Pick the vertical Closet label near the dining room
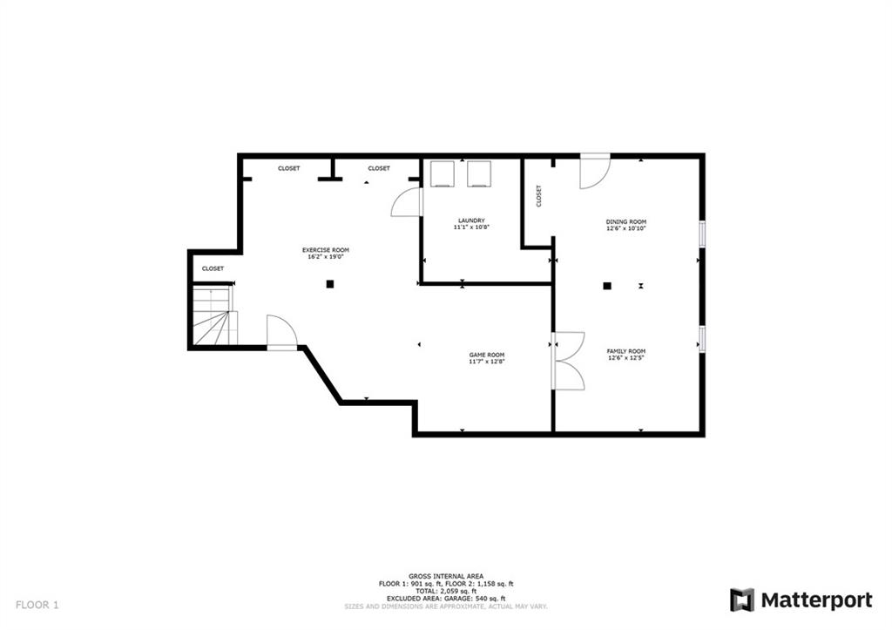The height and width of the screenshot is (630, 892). (538, 196)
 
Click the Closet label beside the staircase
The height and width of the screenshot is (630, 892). (213, 268)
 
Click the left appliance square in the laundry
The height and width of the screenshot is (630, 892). (442, 173)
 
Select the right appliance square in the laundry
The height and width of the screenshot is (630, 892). (479, 173)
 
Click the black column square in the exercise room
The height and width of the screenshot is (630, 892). (330, 284)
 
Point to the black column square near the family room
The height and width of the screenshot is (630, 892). (607, 286)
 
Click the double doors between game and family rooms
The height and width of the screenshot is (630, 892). (568, 361)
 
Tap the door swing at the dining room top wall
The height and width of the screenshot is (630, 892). (595, 172)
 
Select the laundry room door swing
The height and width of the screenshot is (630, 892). (407, 202)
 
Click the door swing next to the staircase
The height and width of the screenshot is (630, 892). (281, 332)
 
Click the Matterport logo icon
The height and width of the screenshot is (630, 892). (742, 600)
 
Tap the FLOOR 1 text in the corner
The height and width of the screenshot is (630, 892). (37, 605)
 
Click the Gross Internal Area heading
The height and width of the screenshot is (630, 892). (446, 577)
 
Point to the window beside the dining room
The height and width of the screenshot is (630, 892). (703, 234)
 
